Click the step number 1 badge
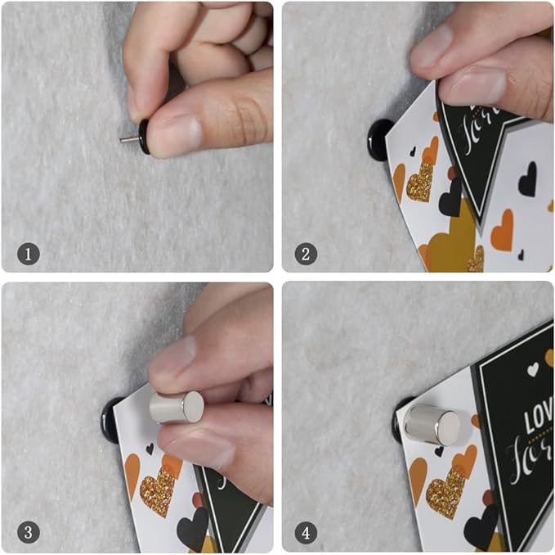pos(28,254)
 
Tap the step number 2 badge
pos(306,254)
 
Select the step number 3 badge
pos(28,533)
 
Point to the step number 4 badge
pos(306,533)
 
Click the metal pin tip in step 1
pos(128,140)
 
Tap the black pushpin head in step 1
pos(145,136)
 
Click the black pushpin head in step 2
pos(381,139)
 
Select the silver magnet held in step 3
pos(177,407)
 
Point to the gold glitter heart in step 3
pos(157,490)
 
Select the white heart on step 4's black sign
pos(533,369)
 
